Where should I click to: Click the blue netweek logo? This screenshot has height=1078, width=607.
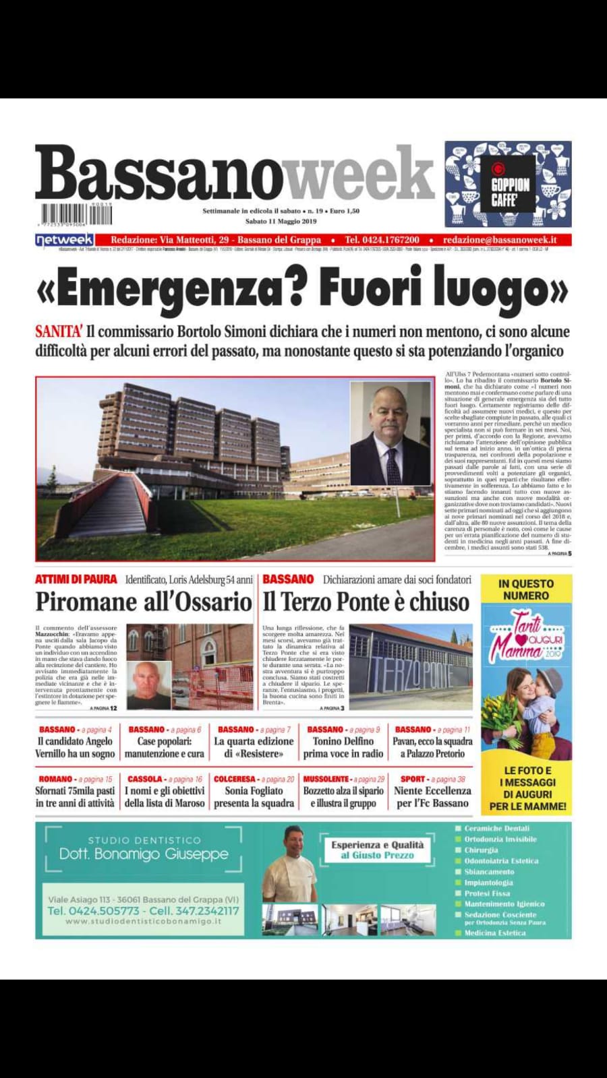click(x=64, y=240)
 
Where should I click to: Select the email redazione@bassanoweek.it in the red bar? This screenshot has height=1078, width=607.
click(x=499, y=240)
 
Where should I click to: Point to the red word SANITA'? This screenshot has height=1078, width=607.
click(x=59, y=331)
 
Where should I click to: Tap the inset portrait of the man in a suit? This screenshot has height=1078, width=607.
click(x=390, y=433)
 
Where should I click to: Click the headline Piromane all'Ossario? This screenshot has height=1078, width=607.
click(x=144, y=602)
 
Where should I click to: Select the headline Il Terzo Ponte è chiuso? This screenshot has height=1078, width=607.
click(x=366, y=602)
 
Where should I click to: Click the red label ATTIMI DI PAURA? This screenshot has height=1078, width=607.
click(x=76, y=579)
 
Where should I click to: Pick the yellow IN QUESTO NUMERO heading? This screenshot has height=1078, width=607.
click(x=526, y=590)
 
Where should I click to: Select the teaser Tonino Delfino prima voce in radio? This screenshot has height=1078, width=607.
click(x=343, y=747)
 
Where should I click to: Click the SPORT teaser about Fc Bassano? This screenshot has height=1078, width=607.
click(x=432, y=796)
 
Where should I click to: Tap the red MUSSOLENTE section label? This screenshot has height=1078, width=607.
click(x=326, y=779)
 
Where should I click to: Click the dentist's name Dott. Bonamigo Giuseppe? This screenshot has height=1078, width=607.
click(x=144, y=854)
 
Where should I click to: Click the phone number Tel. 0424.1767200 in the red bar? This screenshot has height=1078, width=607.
click(x=382, y=240)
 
